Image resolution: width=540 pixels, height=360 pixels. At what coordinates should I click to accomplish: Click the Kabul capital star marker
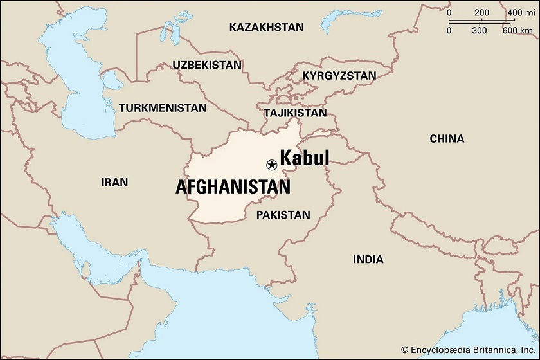pos(271,165)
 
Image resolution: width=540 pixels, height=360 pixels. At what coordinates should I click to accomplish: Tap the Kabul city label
pos(304,158)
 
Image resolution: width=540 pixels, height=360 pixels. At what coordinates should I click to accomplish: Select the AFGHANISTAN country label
pos(233,187)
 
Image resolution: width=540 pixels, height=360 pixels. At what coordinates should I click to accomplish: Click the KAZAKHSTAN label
pos(266,27)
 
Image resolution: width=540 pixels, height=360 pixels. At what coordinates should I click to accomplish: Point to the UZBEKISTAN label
pos(207,65)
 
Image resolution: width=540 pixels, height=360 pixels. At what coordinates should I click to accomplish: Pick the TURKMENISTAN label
pos(163,108)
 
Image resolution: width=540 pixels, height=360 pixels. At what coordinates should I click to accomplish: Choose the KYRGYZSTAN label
pos(339,75)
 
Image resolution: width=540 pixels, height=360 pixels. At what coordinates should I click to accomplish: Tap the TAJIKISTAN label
pos(295,113)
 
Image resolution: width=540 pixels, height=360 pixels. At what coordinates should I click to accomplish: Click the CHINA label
pos(447,138)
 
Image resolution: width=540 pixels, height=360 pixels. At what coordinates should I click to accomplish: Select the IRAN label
pos(114,182)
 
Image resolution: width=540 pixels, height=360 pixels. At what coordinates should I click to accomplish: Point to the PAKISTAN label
pos(283,215)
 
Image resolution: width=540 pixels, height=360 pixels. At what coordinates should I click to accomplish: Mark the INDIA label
pos(368,259)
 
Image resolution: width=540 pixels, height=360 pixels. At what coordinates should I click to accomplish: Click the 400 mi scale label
pos(518,13)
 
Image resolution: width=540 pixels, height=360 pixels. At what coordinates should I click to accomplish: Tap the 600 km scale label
pos(518,30)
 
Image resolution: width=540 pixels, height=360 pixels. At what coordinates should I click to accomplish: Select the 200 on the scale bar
pos(482,13)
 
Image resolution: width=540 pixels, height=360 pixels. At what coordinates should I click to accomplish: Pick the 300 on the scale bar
pos(479,30)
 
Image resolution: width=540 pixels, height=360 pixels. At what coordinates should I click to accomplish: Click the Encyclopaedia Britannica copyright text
pos(468,349)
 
